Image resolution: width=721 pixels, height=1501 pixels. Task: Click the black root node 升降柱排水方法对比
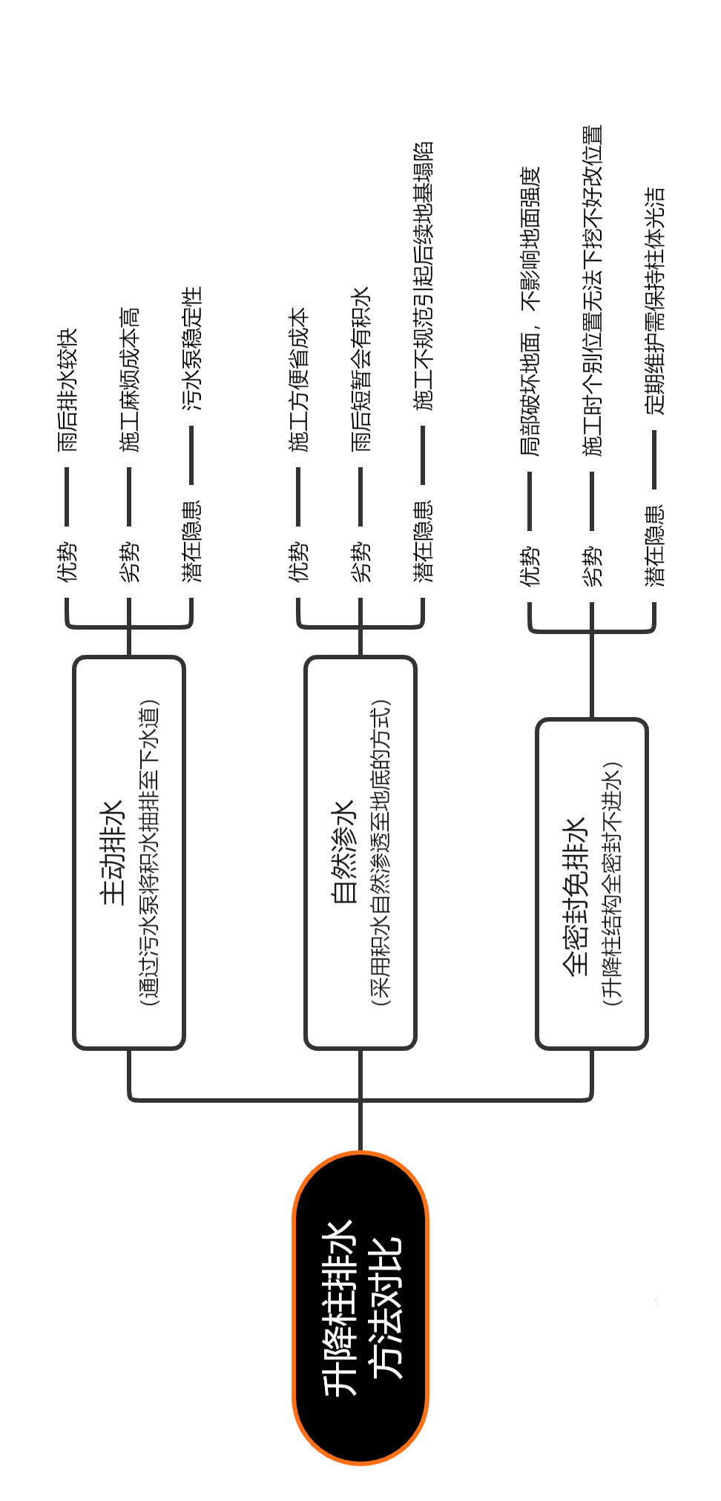[360, 1308]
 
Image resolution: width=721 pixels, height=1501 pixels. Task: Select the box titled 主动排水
[129, 853]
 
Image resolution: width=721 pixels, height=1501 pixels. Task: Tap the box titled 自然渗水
[360, 853]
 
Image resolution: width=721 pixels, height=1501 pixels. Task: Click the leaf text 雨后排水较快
[67, 390]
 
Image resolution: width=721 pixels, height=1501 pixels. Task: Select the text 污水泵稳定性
[191, 349]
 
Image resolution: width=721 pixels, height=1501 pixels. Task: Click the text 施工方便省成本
[298, 380]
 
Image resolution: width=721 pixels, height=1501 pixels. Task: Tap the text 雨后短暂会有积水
[360, 369]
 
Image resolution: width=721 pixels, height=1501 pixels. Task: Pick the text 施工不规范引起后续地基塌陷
[423, 276]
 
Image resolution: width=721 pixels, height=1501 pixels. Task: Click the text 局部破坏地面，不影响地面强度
[530, 311]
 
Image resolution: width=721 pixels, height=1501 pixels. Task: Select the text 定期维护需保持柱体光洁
[654, 300]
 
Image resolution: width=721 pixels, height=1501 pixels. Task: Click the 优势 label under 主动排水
[67, 561]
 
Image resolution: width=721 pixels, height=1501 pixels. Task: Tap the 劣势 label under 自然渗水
[360, 561]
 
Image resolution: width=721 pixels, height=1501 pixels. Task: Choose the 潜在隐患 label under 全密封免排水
[654, 546]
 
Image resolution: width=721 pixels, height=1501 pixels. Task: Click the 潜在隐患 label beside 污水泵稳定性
[191, 542]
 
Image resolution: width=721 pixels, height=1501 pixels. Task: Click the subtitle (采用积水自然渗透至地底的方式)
[381, 853]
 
